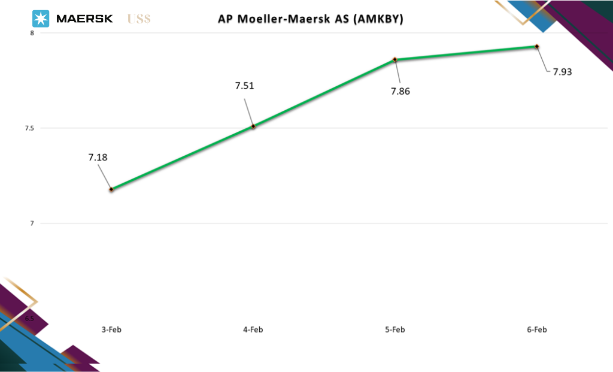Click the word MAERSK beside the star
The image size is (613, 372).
click(x=84, y=19)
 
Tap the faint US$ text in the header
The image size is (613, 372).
click(x=139, y=19)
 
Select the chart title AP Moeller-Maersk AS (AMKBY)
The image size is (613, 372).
click(x=310, y=19)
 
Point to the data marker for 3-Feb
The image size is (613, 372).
click(x=111, y=189)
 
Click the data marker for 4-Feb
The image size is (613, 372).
click(x=253, y=126)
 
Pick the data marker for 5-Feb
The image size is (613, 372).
click(x=395, y=60)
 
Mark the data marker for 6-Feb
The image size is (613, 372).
click(x=537, y=46)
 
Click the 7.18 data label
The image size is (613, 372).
click(x=98, y=158)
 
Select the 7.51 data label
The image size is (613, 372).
click(x=244, y=86)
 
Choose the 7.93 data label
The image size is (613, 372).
click(x=562, y=72)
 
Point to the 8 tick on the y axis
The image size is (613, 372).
click(x=32, y=33)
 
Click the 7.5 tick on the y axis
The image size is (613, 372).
click(x=29, y=128)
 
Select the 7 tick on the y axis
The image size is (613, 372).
click(x=32, y=223)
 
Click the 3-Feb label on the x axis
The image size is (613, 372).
click(x=111, y=329)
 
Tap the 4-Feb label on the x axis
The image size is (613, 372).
click(x=253, y=329)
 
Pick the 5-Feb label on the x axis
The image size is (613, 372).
click(x=395, y=329)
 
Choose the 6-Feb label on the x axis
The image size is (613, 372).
click(x=537, y=329)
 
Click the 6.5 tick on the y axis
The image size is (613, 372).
click(x=29, y=318)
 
